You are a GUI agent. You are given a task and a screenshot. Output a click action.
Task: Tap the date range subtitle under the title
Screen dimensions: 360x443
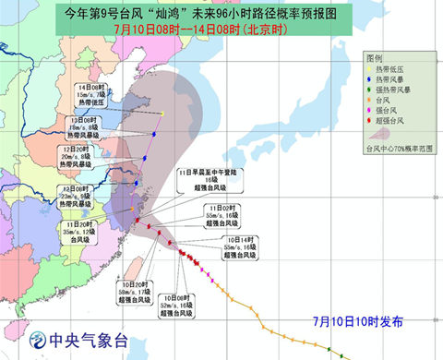[221, 30]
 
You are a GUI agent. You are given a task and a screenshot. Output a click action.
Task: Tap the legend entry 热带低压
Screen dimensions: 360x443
[400, 70]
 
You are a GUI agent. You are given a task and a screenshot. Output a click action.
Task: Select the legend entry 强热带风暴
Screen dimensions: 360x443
[402, 91]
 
